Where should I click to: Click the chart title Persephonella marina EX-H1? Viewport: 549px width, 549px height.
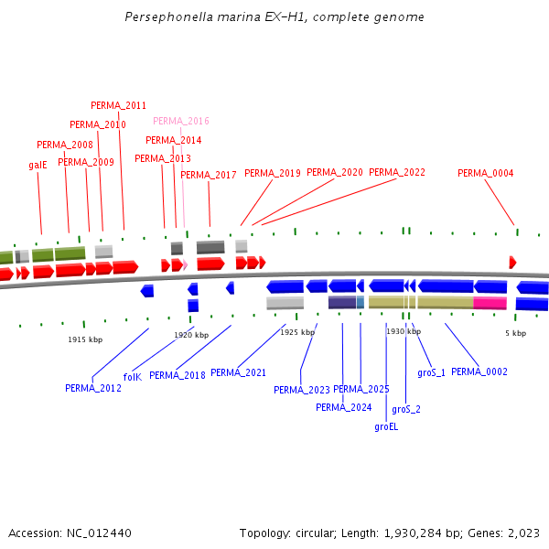274,17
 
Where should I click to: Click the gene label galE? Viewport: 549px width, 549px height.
38,166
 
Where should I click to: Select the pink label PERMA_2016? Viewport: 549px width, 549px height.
180,121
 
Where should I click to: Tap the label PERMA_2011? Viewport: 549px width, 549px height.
118,105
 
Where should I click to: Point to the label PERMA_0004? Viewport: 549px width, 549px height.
485,173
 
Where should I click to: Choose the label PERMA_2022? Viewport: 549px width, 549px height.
396,172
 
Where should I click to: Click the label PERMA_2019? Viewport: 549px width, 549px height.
272,173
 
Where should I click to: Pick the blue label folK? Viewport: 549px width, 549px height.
132,376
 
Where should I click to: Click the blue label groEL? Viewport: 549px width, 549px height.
386,426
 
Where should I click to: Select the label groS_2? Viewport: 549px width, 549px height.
406,409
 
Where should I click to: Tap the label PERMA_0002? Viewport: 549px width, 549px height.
479,371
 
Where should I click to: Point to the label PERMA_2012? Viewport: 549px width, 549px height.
92,388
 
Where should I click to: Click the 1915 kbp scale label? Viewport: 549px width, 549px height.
85,339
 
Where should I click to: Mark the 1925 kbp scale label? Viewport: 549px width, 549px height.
296,332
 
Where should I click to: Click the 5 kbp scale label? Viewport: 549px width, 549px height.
515,333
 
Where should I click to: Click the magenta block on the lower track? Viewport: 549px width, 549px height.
490,303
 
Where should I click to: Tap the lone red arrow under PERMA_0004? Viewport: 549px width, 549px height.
512,263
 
